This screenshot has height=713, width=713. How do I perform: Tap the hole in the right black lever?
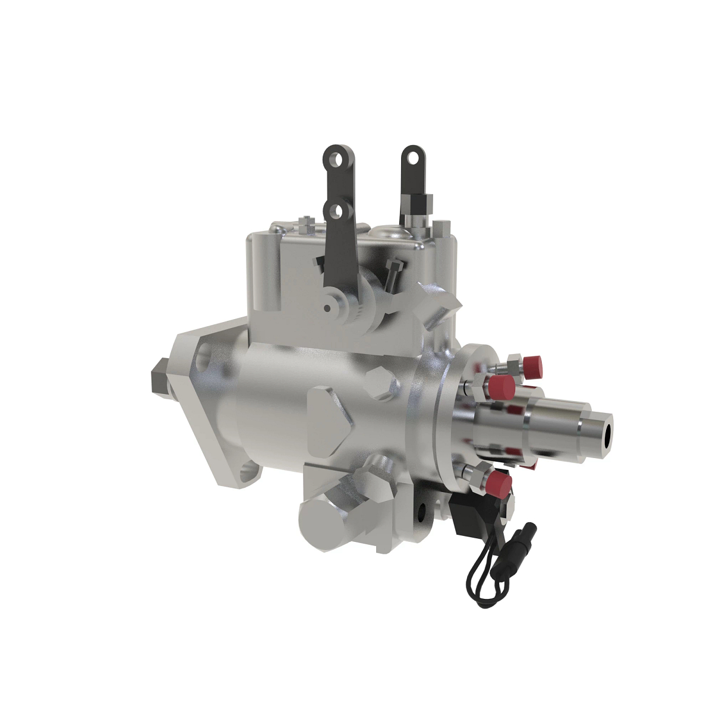(x=411, y=157)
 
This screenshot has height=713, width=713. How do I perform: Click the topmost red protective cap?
(x=532, y=363)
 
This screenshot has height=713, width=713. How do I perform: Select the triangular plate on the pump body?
(x=329, y=419)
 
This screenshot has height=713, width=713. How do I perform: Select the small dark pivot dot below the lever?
(x=327, y=308)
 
